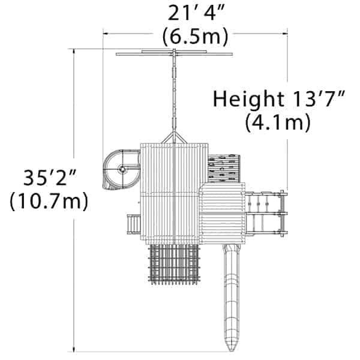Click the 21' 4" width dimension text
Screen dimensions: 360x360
[196, 13]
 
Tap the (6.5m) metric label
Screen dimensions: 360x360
[195, 37]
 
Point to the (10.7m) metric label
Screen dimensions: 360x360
[49, 201]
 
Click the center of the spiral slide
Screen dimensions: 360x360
[122, 169]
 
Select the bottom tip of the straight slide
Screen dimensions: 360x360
[231, 351]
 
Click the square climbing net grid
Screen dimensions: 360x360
[174, 264]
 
